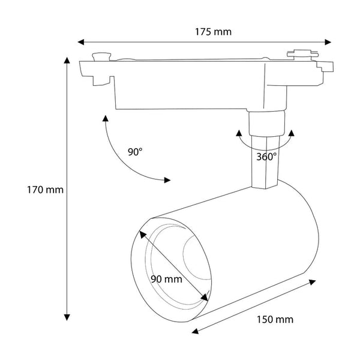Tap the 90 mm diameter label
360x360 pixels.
[x=166, y=278]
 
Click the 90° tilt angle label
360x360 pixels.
[x=135, y=152]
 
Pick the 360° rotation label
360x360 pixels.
[x=266, y=157]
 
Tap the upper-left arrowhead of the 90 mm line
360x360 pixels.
[x=143, y=233]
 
